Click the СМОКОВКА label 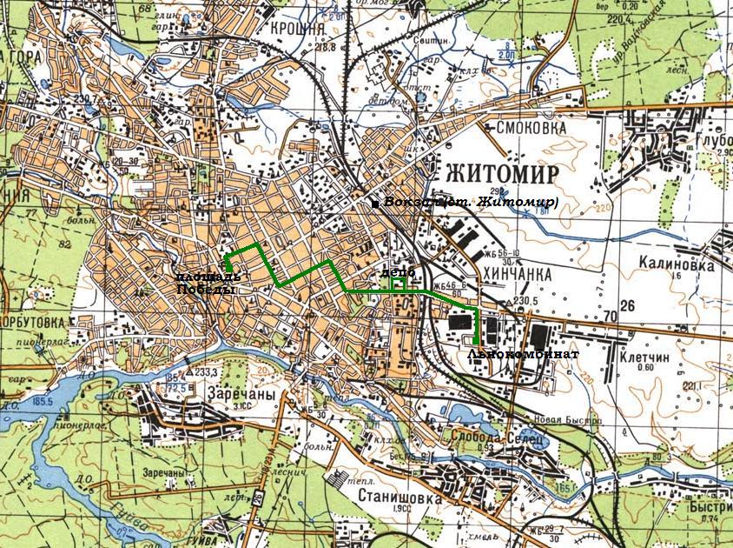tap(531, 128)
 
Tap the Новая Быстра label tap(566, 421)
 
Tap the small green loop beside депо tap(397, 285)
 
